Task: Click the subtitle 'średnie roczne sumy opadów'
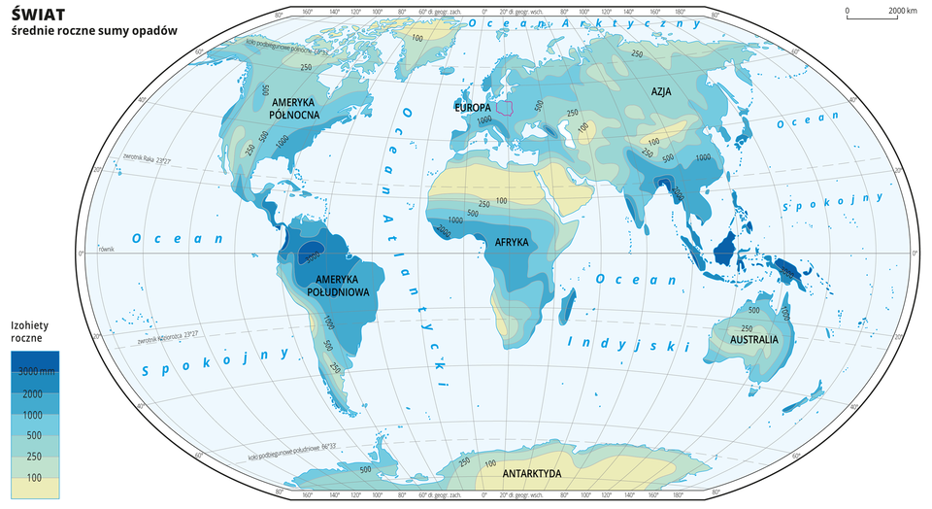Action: (93, 30)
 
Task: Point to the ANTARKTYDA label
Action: (531, 474)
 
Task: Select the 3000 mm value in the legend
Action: (36, 371)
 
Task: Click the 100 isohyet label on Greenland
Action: (417, 38)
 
